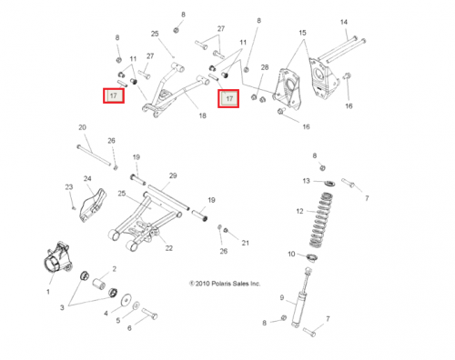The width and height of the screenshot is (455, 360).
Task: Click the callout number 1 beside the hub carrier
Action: (48, 292)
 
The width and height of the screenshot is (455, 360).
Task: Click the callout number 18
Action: (202, 115)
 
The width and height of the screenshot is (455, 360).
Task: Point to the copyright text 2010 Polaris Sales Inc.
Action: (225, 284)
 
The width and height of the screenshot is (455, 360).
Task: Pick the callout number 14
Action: (344, 22)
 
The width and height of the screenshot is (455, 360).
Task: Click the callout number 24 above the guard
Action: (87, 179)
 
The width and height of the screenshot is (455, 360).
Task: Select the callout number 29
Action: (173, 175)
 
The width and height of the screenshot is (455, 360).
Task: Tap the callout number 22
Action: (168, 248)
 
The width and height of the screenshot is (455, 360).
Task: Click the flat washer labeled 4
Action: (126, 300)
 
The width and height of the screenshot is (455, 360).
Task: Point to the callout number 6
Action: (129, 328)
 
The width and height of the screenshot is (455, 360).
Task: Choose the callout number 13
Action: (306, 181)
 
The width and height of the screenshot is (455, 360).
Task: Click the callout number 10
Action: (291, 254)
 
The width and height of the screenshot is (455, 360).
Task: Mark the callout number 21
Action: (245, 243)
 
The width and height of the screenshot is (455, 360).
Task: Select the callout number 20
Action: (82, 127)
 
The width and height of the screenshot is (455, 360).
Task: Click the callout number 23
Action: (69, 187)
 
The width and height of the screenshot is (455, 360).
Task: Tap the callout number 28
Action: (265, 67)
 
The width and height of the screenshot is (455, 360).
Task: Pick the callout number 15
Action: (302, 33)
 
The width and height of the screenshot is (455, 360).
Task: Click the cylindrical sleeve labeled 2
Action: (98, 284)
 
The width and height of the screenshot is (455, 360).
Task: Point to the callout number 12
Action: (299, 211)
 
